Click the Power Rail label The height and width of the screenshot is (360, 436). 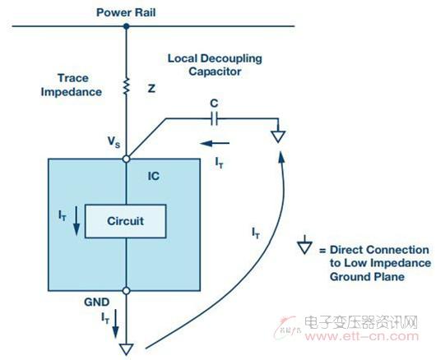(x=126, y=12)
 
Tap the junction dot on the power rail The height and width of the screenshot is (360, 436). (x=126, y=26)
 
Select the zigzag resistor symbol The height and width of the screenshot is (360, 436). (x=126, y=86)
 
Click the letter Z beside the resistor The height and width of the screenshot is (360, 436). (x=151, y=88)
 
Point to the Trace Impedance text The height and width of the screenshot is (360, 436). (x=72, y=85)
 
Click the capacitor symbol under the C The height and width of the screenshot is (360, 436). (x=214, y=119)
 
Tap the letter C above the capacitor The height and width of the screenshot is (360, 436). (x=214, y=104)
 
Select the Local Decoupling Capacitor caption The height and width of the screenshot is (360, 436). (x=215, y=65)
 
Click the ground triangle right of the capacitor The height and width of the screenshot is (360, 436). (x=278, y=136)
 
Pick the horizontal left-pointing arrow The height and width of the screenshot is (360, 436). (x=215, y=143)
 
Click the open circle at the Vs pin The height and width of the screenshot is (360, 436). (x=126, y=159)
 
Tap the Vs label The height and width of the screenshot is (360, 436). (x=114, y=141)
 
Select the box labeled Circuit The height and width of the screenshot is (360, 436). (x=125, y=221)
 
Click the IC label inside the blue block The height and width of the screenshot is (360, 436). (x=154, y=176)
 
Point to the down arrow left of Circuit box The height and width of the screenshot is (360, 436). (x=77, y=221)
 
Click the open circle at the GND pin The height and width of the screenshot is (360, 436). (x=126, y=291)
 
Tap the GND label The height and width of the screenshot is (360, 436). (x=97, y=302)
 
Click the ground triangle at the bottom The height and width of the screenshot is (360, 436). (x=126, y=348)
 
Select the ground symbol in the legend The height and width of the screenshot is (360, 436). (x=304, y=245)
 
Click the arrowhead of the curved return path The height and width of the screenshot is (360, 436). (x=281, y=157)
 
